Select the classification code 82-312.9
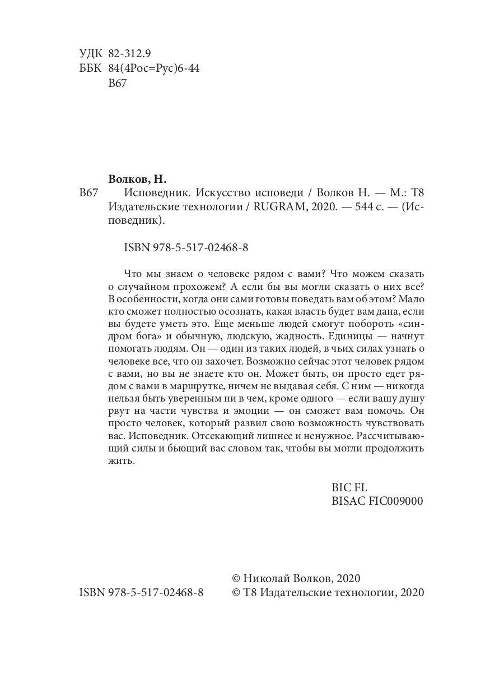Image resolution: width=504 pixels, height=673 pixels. pyautogui.click(x=129, y=53)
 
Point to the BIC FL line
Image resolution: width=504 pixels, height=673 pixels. pyautogui.click(x=349, y=487)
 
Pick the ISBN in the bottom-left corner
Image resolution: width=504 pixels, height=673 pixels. pyautogui.click(x=142, y=593)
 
